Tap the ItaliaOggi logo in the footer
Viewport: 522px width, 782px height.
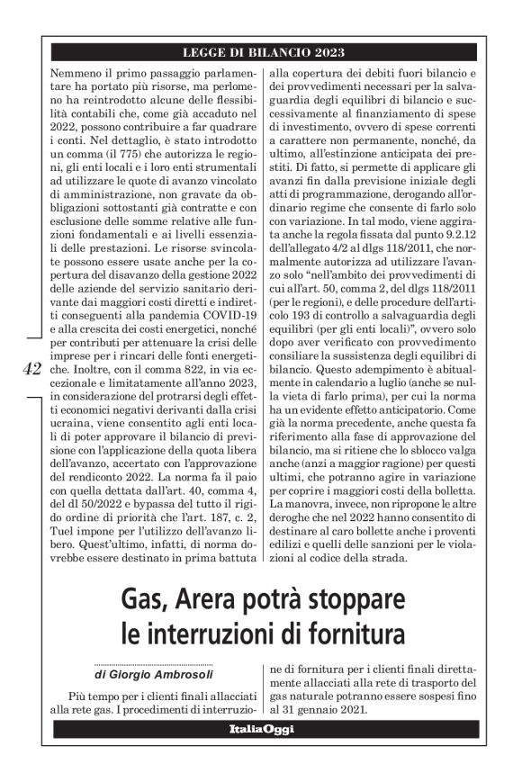(x=261, y=728)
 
